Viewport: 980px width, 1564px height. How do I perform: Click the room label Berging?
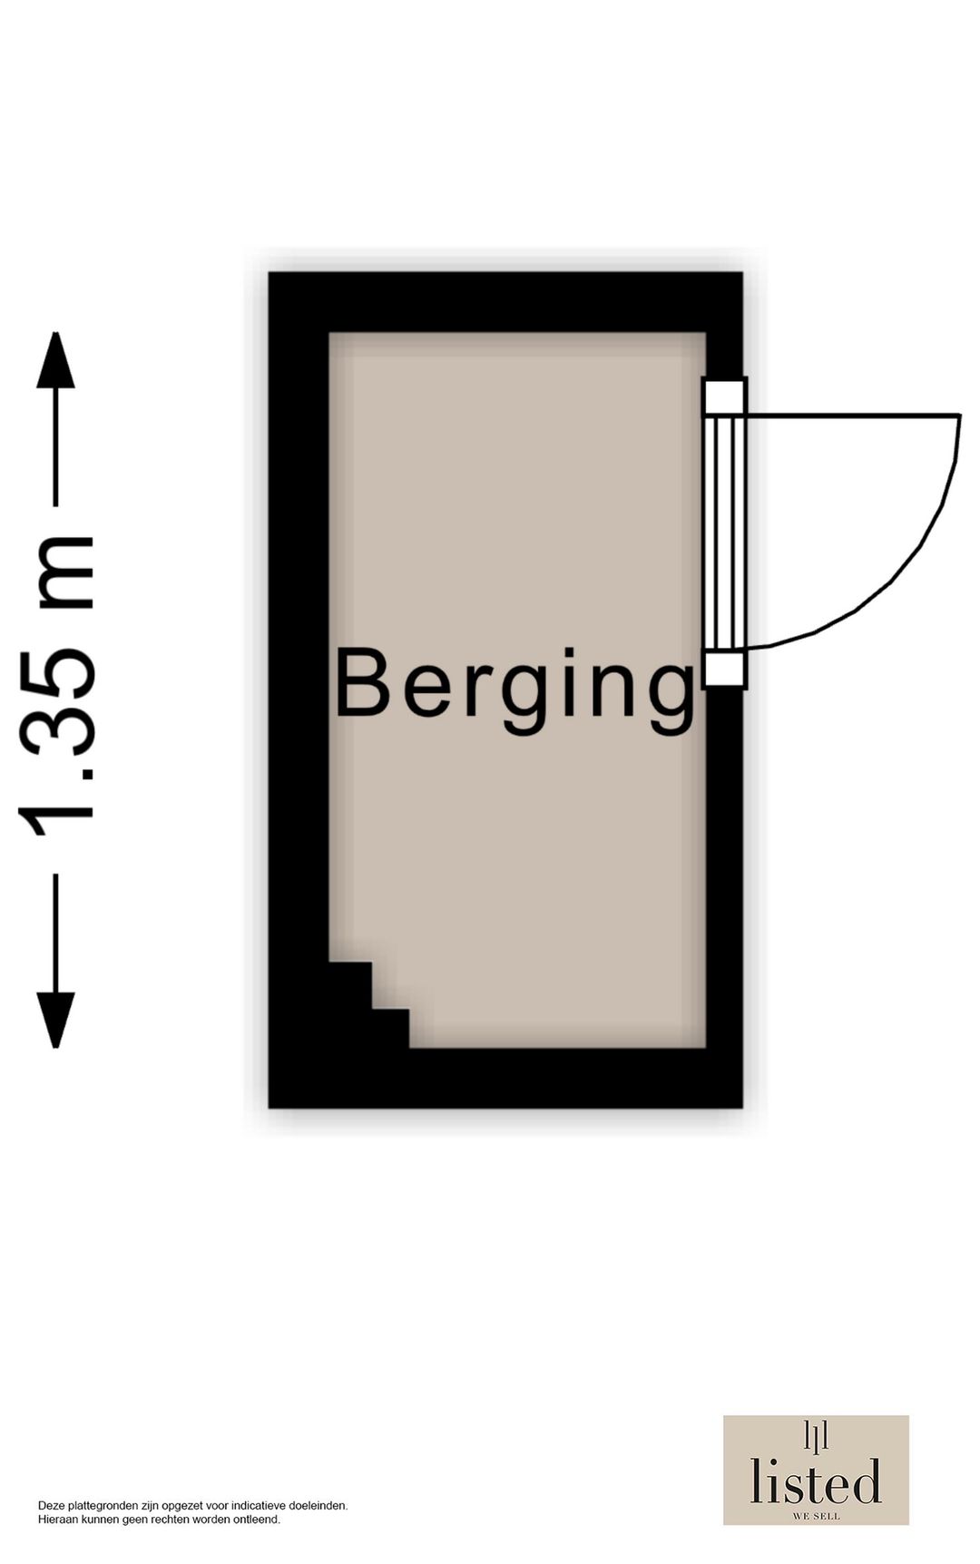515,689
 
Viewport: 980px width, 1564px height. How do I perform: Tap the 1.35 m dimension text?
56,687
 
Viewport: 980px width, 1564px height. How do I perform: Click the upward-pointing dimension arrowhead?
55,360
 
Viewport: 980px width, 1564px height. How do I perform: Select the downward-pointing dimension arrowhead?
55,1020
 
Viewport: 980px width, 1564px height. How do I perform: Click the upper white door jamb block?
724,396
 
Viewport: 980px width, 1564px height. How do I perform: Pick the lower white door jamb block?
724,670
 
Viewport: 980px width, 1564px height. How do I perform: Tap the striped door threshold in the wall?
724,533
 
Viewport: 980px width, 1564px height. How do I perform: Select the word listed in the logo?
816,1481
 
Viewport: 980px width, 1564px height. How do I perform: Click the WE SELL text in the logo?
816,1516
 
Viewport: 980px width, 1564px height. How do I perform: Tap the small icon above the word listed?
816,1436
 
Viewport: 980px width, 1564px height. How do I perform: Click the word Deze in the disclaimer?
51,1505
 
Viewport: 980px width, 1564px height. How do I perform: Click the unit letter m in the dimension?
64,572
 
